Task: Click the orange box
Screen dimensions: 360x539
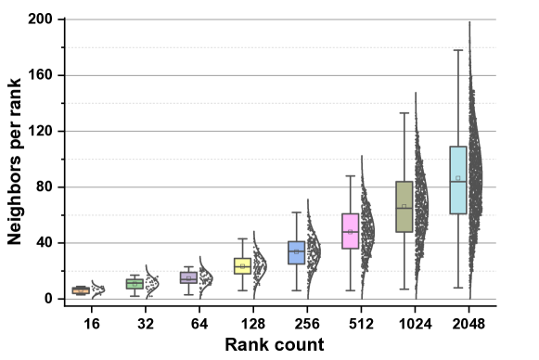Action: coord(81,290)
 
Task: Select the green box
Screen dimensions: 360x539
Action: coord(135,284)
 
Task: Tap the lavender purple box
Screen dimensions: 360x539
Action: coord(188,276)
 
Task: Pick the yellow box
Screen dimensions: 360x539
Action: coord(242,265)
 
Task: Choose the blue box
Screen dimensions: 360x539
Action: coord(297,252)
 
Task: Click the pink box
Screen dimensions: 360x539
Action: coord(351,231)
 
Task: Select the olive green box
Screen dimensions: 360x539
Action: coord(404,206)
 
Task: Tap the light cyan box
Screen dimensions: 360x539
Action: coord(458,180)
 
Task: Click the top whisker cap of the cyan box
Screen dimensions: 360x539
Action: coord(458,50)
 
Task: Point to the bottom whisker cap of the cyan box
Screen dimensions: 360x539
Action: coord(458,288)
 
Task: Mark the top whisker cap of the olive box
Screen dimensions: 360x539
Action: coord(404,113)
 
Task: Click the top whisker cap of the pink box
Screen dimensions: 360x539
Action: coord(351,175)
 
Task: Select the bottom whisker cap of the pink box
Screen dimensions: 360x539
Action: coord(351,290)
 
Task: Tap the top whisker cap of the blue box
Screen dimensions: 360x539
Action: coord(297,212)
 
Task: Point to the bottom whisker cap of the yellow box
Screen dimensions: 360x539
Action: coord(242,290)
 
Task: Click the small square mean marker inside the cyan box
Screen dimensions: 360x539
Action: coord(458,177)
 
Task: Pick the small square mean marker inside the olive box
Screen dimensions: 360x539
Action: coord(404,206)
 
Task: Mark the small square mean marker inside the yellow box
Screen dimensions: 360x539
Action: coord(242,265)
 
